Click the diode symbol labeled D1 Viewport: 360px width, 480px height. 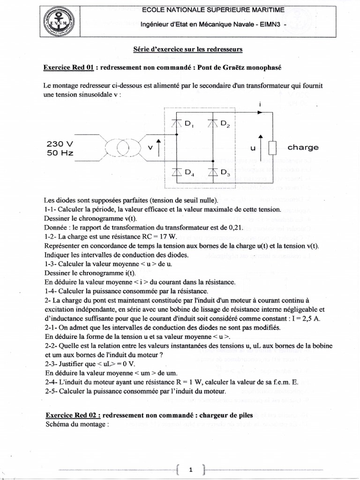177,123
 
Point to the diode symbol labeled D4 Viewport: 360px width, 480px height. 177,172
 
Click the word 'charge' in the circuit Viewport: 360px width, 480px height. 303,147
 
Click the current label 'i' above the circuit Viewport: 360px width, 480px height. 259,104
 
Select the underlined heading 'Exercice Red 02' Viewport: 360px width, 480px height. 72,415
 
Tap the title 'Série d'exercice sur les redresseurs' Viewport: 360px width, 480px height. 188,49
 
